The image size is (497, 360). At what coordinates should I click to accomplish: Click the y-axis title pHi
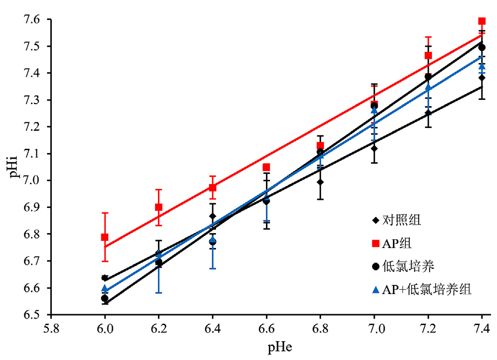(x=15, y=167)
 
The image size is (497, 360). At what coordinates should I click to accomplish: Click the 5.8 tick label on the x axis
(x=51, y=328)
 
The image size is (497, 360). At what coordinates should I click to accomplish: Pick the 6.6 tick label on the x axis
(x=266, y=328)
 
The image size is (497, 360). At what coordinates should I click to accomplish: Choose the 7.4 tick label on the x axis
(x=481, y=328)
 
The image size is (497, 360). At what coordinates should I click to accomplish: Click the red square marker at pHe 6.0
(x=105, y=237)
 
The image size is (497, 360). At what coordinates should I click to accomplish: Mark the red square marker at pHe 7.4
(x=481, y=21)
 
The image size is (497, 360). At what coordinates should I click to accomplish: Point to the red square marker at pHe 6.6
(x=266, y=167)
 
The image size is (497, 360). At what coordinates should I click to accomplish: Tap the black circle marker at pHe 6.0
(x=105, y=298)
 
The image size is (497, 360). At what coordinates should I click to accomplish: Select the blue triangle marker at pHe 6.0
(x=105, y=289)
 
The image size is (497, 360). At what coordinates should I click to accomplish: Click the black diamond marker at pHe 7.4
(x=481, y=78)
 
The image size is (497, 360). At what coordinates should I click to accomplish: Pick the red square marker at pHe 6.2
(x=158, y=207)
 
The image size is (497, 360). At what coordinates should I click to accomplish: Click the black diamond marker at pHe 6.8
(x=320, y=182)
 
